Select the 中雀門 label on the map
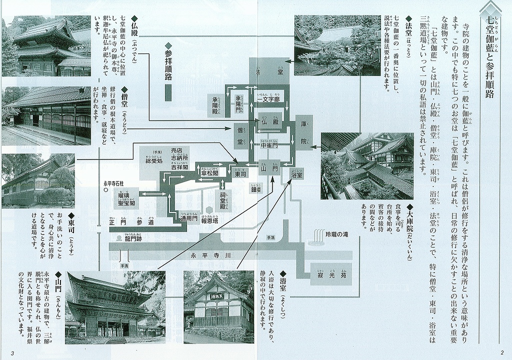coord(268,145)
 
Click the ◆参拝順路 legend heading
coord(168,62)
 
